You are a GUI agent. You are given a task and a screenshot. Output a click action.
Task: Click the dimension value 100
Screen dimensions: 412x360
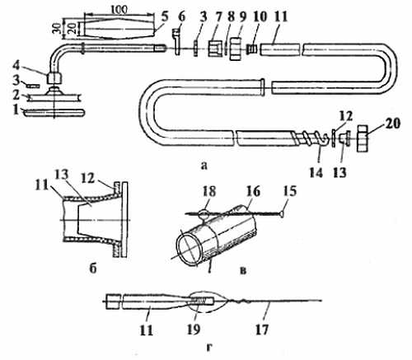click(x=120, y=10)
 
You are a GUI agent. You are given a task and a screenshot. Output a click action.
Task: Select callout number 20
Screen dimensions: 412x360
click(x=392, y=124)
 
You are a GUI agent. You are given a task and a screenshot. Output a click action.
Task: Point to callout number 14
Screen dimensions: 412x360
click(x=316, y=173)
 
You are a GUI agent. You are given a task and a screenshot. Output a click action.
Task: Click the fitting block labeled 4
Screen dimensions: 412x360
click(x=54, y=77)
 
